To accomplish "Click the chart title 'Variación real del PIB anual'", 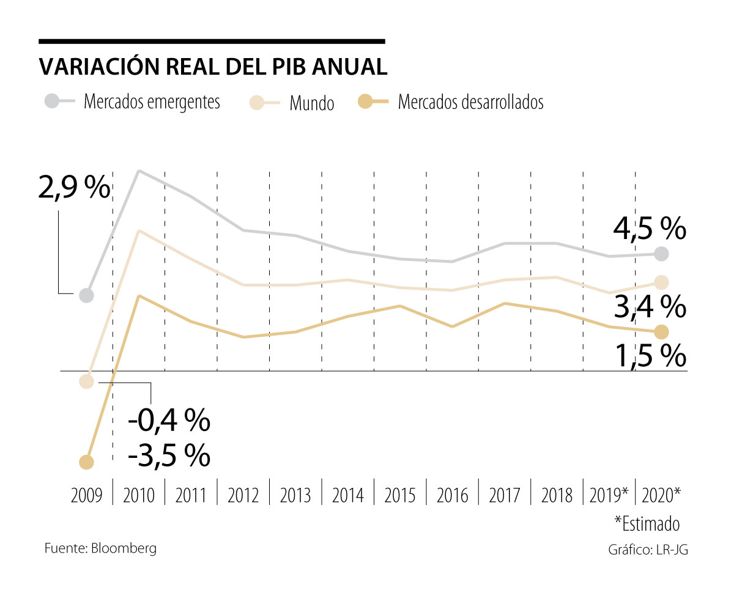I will pyautogui.click(x=212, y=67).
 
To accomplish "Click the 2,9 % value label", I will pyautogui.click(x=74, y=189).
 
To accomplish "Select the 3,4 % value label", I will pyautogui.click(x=650, y=307).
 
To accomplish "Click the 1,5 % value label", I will pyautogui.click(x=650, y=356).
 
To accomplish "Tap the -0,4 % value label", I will pyautogui.click(x=169, y=420).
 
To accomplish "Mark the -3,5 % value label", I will pyautogui.click(x=169, y=455).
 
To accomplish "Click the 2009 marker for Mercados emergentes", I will pyautogui.click(x=86, y=295).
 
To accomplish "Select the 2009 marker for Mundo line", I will pyautogui.click(x=86, y=381).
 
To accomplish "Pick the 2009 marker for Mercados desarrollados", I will pyautogui.click(x=86, y=462).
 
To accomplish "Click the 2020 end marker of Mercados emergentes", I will pyautogui.click(x=661, y=253).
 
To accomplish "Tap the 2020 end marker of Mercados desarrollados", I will pyautogui.click(x=661, y=332).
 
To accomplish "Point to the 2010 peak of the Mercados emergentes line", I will pyautogui.click(x=139, y=171).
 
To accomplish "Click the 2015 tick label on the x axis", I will pyautogui.click(x=399, y=495).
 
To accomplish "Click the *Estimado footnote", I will pyautogui.click(x=647, y=524).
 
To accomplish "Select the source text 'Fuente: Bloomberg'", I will pyautogui.click(x=100, y=548).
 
